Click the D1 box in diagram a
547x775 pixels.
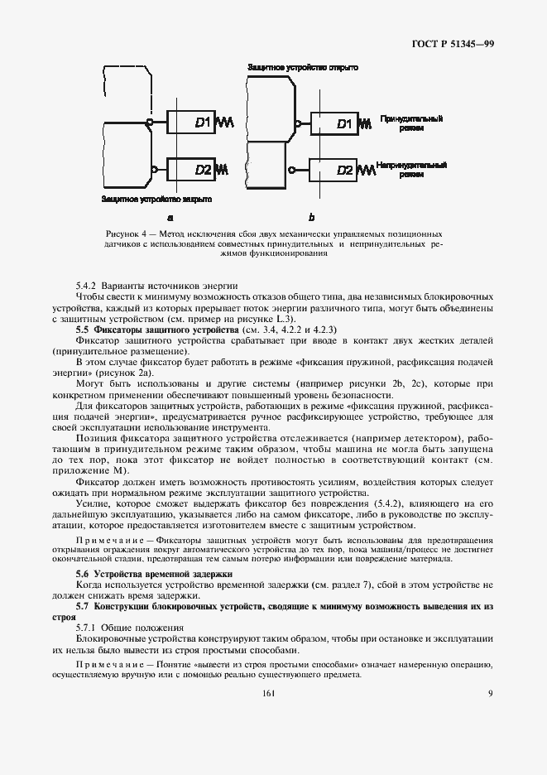point(190,123)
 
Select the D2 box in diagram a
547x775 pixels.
point(190,170)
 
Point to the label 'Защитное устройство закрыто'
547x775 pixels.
point(156,200)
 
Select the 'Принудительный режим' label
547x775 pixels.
point(410,123)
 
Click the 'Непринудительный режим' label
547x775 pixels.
point(410,170)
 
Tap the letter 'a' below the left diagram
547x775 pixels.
point(170,218)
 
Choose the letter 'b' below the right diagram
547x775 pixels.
point(311,218)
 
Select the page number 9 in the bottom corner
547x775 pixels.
point(490,693)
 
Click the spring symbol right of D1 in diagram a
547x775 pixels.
point(225,123)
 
